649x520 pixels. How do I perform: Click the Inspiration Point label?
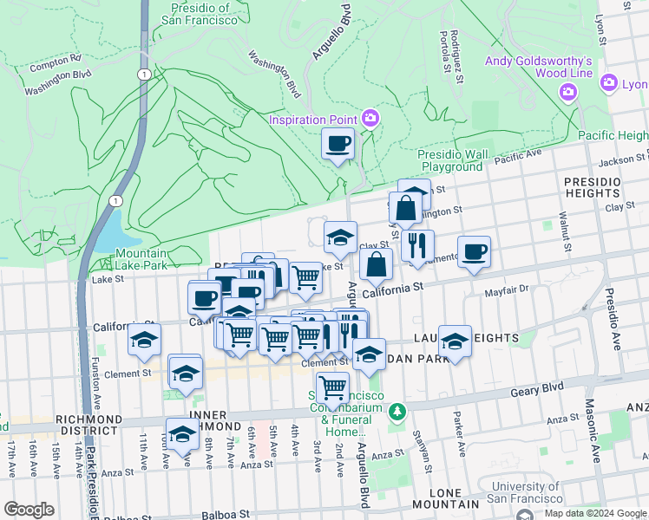click(x=314, y=119)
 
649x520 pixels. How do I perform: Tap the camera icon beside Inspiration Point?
click(x=370, y=117)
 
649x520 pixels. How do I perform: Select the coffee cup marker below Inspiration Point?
click(x=338, y=144)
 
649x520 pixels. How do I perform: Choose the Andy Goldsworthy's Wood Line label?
click(x=538, y=67)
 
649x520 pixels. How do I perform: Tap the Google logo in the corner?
click(x=29, y=510)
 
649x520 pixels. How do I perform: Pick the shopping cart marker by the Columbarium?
click(x=332, y=387)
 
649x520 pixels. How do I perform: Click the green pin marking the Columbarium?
click(x=397, y=410)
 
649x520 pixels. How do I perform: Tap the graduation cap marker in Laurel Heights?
click(x=455, y=341)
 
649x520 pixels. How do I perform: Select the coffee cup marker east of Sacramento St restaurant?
click(x=474, y=252)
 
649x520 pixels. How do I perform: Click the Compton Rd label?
click(x=55, y=66)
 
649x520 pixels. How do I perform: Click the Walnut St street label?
click(x=565, y=231)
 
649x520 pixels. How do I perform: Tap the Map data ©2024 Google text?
click(x=594, y=513)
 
